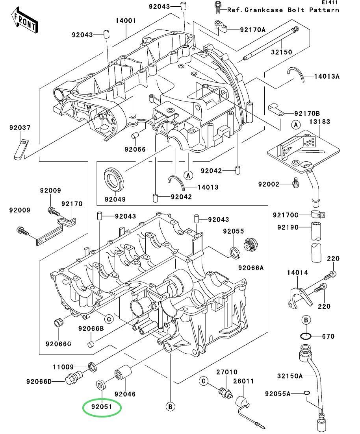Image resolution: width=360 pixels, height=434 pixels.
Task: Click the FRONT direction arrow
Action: (x=25, y=22)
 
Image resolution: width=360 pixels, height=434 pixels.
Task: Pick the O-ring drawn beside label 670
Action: (x=306, y=336)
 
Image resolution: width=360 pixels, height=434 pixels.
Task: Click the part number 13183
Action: (x=319, y=122)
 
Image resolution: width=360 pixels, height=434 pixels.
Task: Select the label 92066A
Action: (x=250, y=268)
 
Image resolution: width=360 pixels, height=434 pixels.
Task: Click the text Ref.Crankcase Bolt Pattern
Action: (x=283, y=10)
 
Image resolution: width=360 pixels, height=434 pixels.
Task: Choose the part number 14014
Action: (x=297, y=272)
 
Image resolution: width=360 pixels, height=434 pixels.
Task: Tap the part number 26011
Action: (x=243, y=381)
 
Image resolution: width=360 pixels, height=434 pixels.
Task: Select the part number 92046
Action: (x=125, y=394)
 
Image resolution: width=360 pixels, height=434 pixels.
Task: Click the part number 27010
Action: (x=226, y=372)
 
